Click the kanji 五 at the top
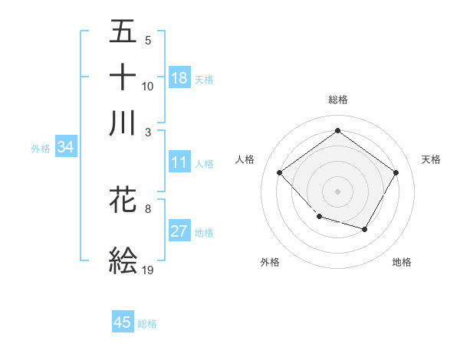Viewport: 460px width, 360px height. [x=123, y=31]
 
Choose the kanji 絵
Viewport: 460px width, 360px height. [x=123, y=260]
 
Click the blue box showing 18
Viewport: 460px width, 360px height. [x=179, y=78]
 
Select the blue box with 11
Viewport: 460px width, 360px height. [x=179, y=162]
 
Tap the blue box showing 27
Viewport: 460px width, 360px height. [x=179, y=231]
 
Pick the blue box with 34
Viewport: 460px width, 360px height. [x=65, y=148]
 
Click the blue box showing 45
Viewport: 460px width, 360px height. [x=123, y=322]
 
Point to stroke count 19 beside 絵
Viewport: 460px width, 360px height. [x=148, y=270]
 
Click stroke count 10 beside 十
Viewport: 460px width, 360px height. [x=148, y=86]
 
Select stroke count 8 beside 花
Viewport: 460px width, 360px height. [x=148, y=208]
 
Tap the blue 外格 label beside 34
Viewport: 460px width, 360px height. [x=40, y=149]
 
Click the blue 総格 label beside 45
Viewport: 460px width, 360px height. [x=147, y=324]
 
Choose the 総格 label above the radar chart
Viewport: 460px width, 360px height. [x=337, y=100]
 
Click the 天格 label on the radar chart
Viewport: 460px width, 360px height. [x=431, y=159]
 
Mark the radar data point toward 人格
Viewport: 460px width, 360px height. [x=280, y=173]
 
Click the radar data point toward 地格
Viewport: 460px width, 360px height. [x=365, y=229]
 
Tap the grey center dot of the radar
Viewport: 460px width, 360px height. [x=337, y=191]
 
